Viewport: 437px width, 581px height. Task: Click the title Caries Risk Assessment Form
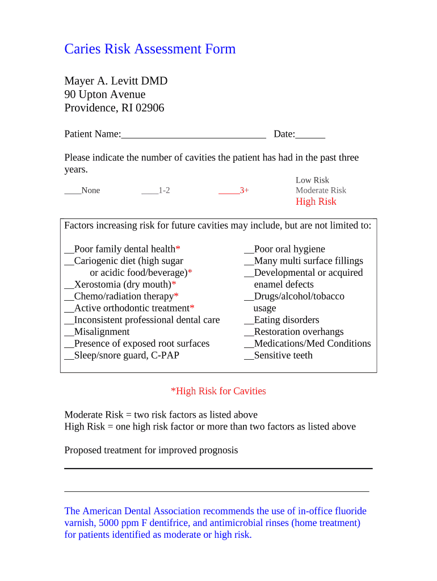(x=150, y=49)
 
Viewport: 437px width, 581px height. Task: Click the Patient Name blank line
(x=194, y=135)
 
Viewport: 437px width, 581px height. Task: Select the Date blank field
(x=310, y=135)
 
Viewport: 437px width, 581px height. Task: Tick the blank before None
(x=73, y=191)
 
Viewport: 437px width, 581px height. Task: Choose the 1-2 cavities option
(x=150, y=191)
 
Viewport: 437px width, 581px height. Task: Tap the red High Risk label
(x=316, y=202)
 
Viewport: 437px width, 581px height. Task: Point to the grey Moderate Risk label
(x=321, y=191)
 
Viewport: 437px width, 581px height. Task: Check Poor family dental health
(x=69, y=250)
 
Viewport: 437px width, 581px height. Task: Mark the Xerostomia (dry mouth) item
(x=69, y=285)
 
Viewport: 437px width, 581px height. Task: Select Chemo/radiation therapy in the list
(x=69, y=297)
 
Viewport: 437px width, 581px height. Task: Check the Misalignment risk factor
(x=69, y=332)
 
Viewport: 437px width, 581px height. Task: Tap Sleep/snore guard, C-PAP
(x=69, y=356)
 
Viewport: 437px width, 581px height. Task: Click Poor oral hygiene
(x=249, y=250)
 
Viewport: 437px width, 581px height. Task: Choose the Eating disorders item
(x=249, y=321)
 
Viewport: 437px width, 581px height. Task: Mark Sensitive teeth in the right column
(x=249, y=356)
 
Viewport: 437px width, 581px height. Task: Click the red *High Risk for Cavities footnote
(x=218, y=391)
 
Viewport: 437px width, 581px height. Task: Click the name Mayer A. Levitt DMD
(x=116, y=81)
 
